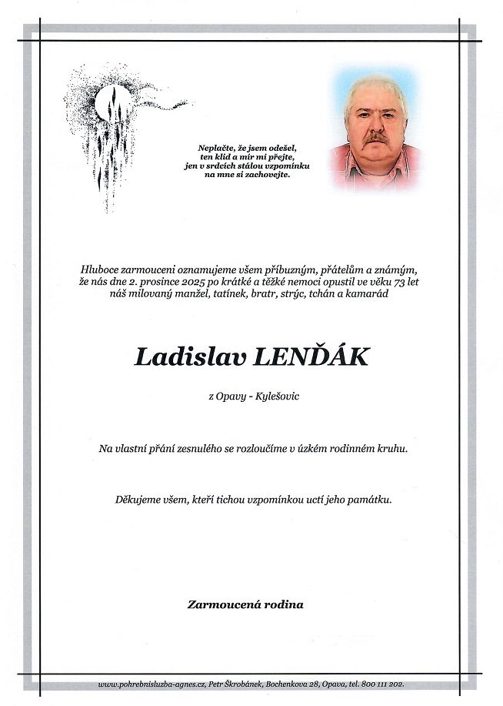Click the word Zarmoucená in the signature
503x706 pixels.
[x=221, y=604]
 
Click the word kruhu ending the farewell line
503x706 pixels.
[x=390, y=448]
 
